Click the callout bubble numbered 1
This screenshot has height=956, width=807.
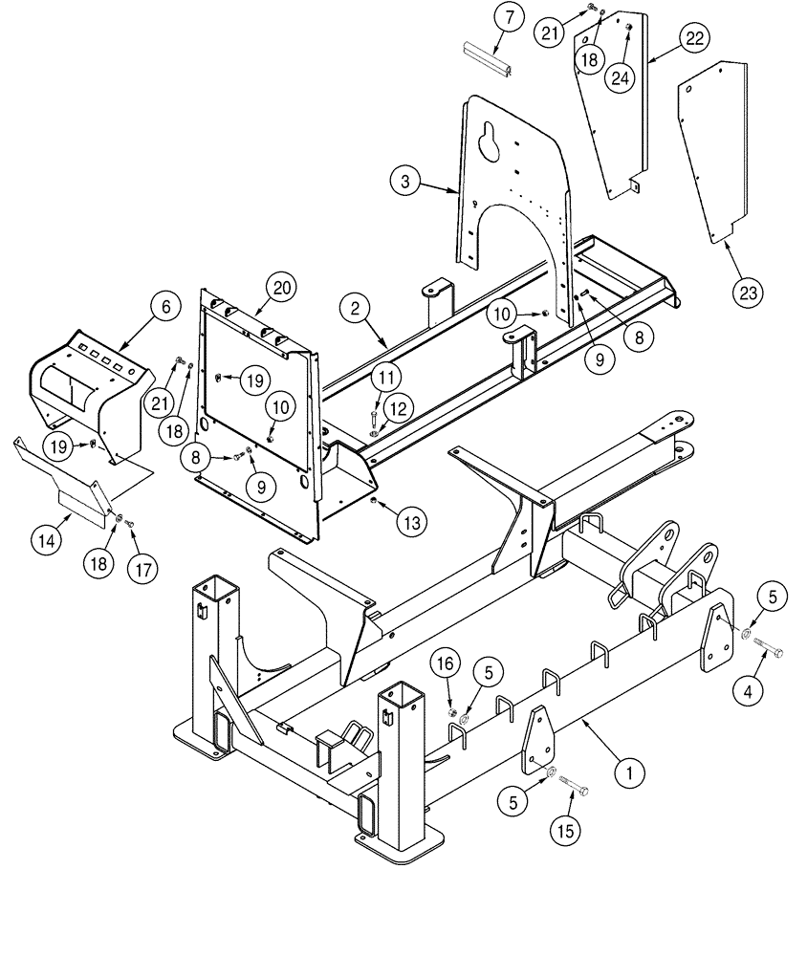pos(627,771)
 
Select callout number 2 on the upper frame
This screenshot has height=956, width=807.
pos(355,308)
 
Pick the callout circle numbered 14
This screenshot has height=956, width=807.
pos(48,540)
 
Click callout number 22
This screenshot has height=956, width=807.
pos(693,39)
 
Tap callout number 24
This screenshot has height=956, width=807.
pos(621,77)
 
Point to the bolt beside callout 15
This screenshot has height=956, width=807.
pos(574,790)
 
